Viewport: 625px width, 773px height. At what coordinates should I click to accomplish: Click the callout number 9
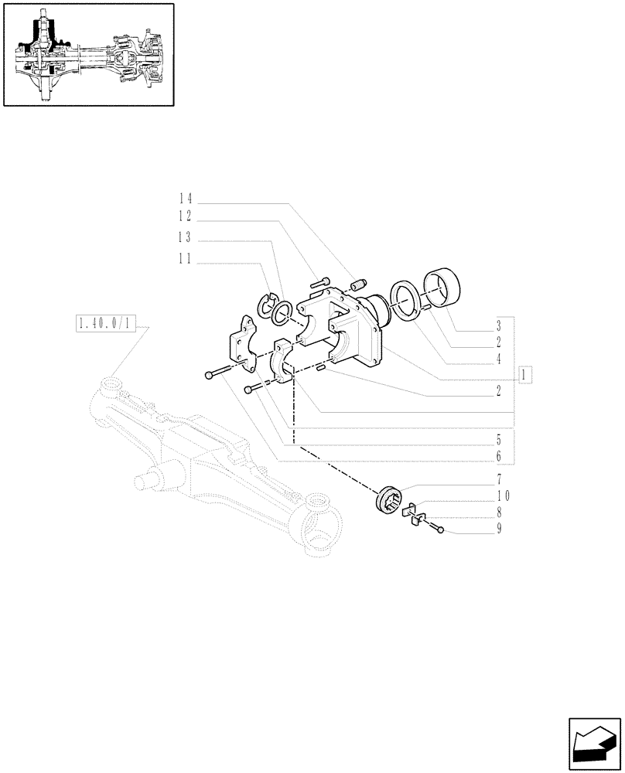500,530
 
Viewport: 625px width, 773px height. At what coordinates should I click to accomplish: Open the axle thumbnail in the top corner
87,53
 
